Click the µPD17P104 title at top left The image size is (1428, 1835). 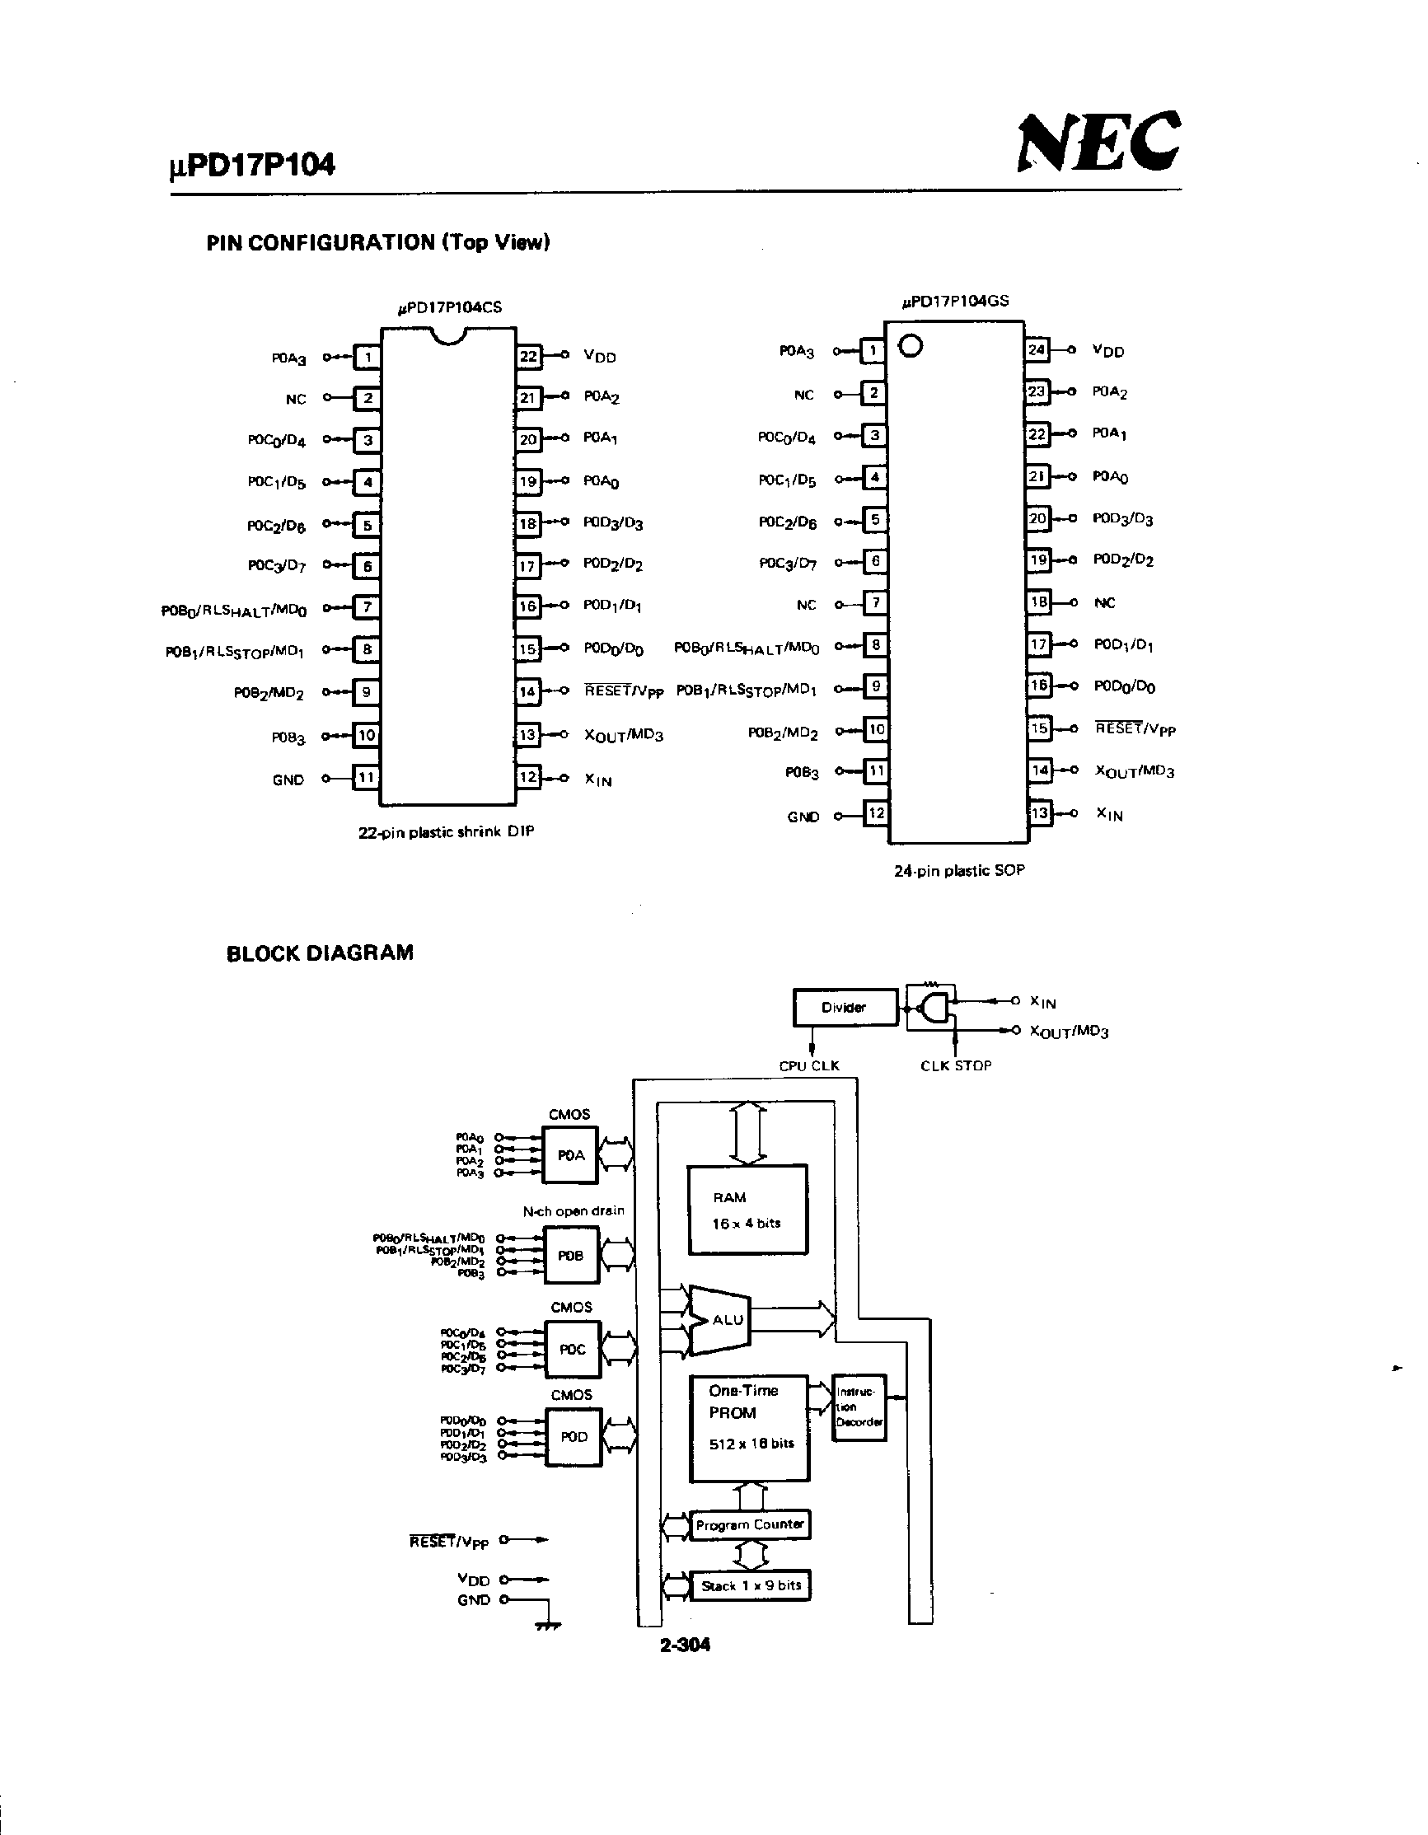(x=252, y=165)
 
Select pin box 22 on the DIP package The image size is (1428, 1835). (x=528, y=356)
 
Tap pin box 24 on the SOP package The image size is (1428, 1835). (x=1037, y=350)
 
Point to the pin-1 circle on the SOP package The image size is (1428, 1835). (x=911, y=345)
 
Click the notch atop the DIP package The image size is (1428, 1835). (x=447, y=335)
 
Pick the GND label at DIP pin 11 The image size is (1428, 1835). (x=288, y=779)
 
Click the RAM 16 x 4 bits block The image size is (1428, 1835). (x=747, y=1210)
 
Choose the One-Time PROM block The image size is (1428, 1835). (x=748, y=1428)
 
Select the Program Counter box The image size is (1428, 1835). (x=749, y=1524)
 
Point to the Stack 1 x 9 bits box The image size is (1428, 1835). (x=750, y=1585)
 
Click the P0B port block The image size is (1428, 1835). (x=571, y=1255)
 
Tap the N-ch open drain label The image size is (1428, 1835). (x=574, y=1210)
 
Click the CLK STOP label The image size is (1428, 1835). (x=956, y=1065)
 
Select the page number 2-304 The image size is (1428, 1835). (x=685, y=1645)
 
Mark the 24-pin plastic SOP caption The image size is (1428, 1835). (x=959, y=870)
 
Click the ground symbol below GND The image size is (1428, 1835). (x=548, y=1627)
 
